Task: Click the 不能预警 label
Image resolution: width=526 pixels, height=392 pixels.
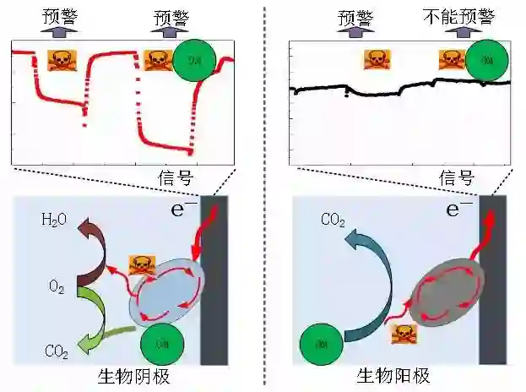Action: point(460,16)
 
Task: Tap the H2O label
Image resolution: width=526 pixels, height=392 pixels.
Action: point(53,220)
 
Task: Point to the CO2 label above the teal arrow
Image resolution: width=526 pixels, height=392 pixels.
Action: point(331,220)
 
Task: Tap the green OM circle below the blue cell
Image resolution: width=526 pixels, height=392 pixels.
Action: point(159,344)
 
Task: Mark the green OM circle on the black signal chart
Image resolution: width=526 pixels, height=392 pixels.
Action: point(486,60)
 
